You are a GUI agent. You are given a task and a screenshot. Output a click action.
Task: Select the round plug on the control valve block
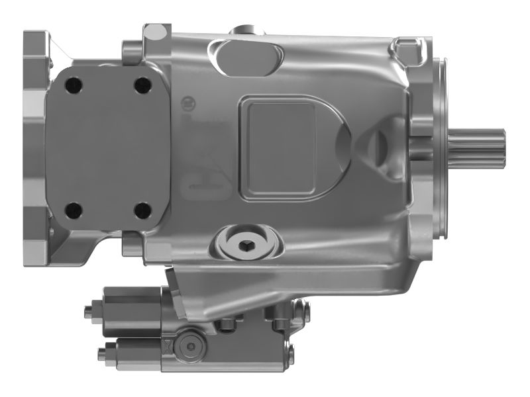click(x=192, y=346)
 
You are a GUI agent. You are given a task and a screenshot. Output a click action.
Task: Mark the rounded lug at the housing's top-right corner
click(x=403, y=46)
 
